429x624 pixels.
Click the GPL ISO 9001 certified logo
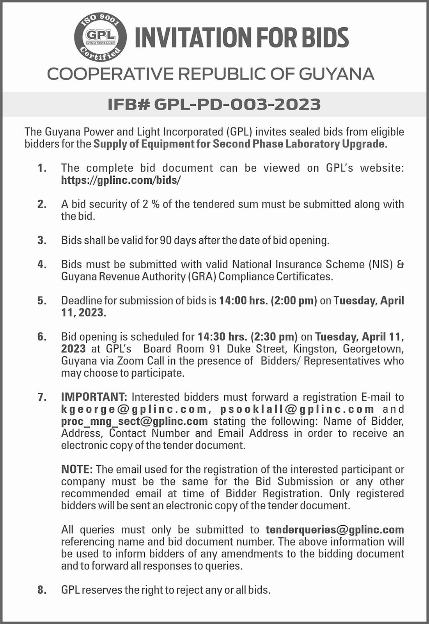point(100,37)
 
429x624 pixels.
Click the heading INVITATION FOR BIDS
point(241,38)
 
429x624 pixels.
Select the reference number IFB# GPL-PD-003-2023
point(214,105)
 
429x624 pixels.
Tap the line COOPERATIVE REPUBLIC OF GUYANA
point(211,74)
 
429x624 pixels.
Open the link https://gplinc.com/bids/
point(121,180)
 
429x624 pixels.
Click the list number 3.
point(42,240)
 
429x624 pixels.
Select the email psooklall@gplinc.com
point(297,409)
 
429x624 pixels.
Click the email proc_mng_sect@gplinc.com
point(134,421)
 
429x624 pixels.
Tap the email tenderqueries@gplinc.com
point(335,530)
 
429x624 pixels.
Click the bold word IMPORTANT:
point(94,397)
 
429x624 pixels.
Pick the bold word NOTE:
point(77,469)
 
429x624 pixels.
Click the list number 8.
point(42,590)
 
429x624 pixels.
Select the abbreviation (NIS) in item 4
point(381,264)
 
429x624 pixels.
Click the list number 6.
point(42,337)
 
